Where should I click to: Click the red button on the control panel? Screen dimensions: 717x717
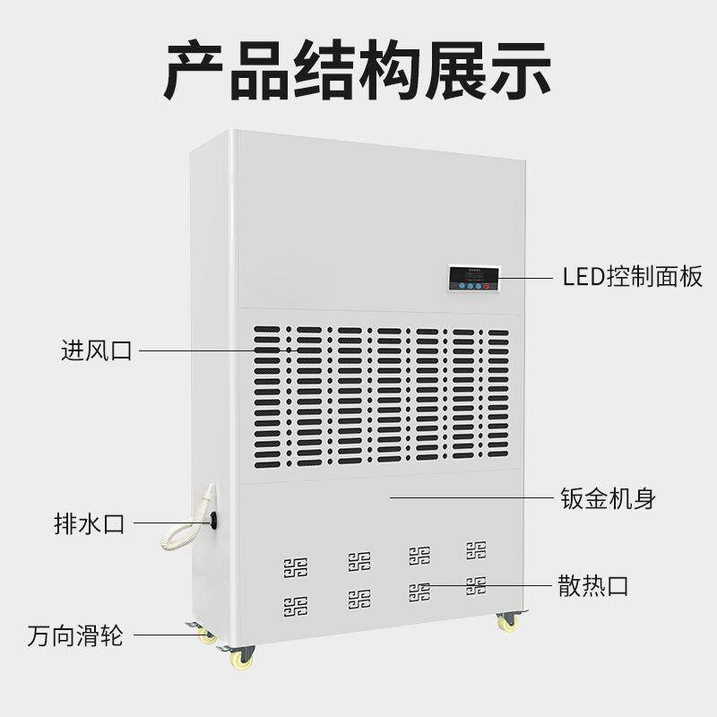[x=485, y=286]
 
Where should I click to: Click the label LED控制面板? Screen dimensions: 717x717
[x=633, y=277]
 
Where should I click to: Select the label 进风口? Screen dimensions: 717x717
[x=96, y=350]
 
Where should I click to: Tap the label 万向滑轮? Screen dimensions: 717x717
[x=74, y=638]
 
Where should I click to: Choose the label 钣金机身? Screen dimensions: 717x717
[x=608, y=498]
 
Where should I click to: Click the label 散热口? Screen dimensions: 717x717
[x=592, y=587]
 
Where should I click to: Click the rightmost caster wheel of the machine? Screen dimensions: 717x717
[x=508, y=620]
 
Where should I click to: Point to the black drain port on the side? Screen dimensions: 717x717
[x=214, y=519]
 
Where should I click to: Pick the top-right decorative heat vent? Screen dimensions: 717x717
[x=476, y=549]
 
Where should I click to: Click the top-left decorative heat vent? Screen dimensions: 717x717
[x=295, y=567]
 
